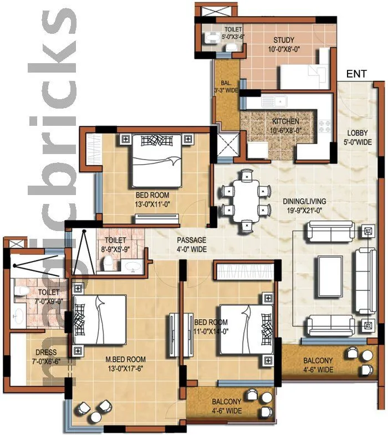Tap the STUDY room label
284,40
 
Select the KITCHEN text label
285,121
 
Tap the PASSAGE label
191,240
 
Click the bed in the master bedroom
100,324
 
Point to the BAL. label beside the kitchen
227,81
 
